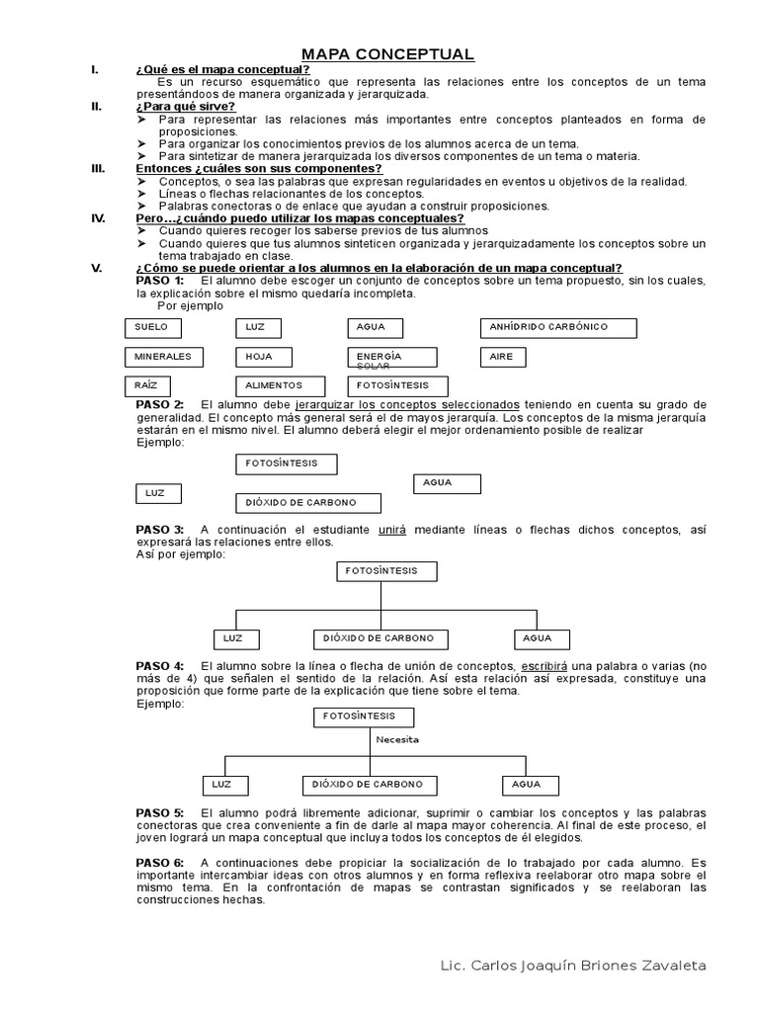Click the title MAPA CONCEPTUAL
pyautogui.click(x=387, y=54)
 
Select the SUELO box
pyautogui.click(x=163, y=327)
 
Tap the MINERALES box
pyautogui.click(x=163, y=357)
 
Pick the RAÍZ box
pyautogui.click(x=163, y=385)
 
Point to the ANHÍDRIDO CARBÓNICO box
pyautogui.click(x=557, y=327)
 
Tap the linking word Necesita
pyautogui.click(x=397, y=738)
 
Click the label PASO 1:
pyautogui.click(x=159, y=281)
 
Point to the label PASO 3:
pyautogui.click(x=159, y=530)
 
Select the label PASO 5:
pyautogui.click(x=159, y=812)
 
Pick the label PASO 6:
pyautogui.click(x=159, y=863)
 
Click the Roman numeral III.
pyautogui.click(x=98, y=169)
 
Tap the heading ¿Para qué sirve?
pyautogui.click(x=185, y=107)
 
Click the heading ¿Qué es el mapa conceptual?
pyautogui.click(x=222, y=69)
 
